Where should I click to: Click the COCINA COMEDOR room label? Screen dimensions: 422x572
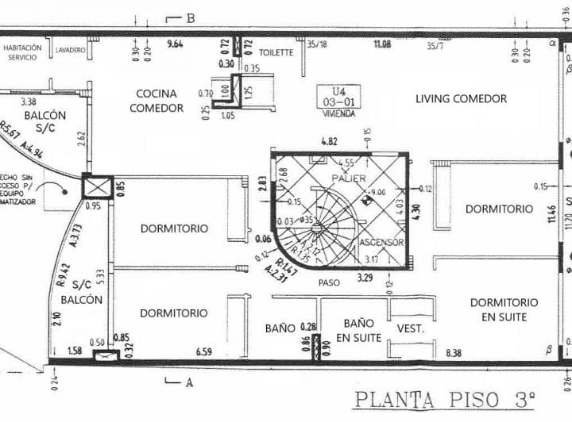[157, 101]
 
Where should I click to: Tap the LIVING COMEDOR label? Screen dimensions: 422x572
[461, 98]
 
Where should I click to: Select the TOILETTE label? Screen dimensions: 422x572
[276, 52]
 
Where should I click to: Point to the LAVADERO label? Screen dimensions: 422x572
[71, 51]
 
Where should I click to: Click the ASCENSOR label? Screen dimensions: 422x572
[382, 242]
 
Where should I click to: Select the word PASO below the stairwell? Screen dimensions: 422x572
[329, 282]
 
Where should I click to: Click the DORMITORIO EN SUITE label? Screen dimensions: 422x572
[504, 309]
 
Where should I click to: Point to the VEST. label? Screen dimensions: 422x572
[410, 328]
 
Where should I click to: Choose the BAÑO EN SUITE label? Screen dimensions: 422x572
[358, 330]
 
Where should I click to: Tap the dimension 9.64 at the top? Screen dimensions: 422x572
[175, 44]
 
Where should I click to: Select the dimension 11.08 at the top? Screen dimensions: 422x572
[382, 44]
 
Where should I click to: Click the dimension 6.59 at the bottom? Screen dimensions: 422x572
[203, 352]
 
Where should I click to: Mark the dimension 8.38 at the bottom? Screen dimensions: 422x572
[454, 352]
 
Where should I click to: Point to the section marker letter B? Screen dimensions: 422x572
[191, 17]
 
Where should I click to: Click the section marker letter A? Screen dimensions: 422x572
[189, 382]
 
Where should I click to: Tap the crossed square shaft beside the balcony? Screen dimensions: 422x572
[98, 188]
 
